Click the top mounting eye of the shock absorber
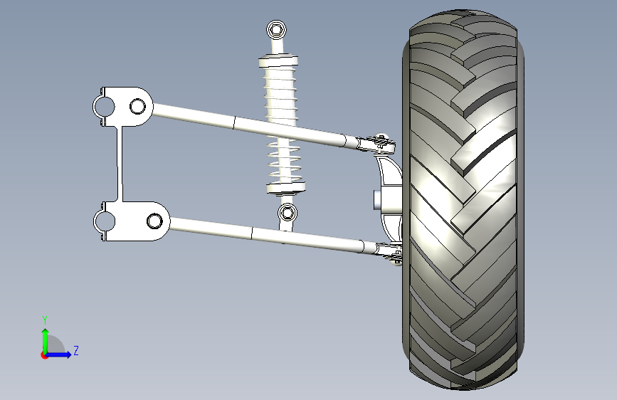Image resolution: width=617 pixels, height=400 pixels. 276,30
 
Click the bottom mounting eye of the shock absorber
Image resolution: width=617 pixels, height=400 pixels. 288,213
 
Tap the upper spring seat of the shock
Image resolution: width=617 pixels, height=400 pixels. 278,62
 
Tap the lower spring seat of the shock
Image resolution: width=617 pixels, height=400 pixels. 286,187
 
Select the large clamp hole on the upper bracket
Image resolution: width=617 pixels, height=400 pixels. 104,107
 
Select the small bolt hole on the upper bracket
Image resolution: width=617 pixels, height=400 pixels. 137,106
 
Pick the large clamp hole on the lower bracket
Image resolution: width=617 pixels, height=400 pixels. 105,221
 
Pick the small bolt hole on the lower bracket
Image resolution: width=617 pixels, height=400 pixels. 154,221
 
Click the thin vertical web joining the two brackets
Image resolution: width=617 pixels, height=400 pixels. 120,164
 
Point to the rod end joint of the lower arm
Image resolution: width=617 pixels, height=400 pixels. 389,252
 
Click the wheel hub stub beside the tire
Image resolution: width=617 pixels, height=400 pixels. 376,199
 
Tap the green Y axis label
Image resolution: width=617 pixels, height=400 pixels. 45,320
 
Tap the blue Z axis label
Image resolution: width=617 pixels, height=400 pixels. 76,350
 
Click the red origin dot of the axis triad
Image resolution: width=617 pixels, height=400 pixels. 44,355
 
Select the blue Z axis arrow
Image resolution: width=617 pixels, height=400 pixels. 59,354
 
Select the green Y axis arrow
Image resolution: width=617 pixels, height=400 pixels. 46,341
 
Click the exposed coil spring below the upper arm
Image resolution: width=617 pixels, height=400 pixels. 284,160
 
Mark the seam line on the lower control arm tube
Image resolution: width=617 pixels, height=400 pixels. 251,233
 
